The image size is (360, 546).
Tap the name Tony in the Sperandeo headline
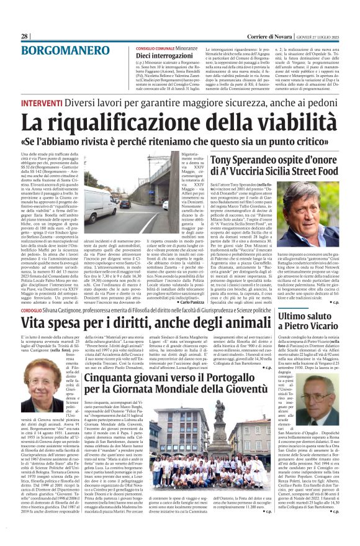pos(223,161)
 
